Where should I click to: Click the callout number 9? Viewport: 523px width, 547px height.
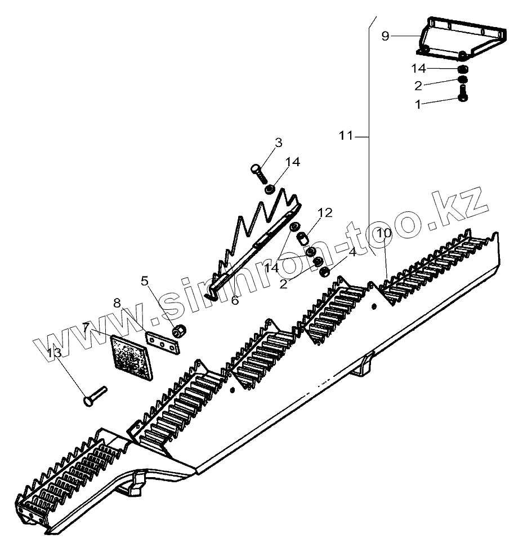point(385,36)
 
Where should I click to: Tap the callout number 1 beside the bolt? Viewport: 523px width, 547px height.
point(418,104)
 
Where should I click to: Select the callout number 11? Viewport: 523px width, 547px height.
point(346,135)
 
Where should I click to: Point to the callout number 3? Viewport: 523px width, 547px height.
point(278,143)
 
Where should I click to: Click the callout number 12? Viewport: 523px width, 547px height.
point(325,213)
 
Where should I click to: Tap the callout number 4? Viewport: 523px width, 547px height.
point(352,252)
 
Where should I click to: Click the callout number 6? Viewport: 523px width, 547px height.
point(235,300)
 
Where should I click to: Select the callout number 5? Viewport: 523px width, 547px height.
point(145,280)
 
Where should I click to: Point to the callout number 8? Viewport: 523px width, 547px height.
point(117,303)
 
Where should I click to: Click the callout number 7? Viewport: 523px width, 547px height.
point(86,327)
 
